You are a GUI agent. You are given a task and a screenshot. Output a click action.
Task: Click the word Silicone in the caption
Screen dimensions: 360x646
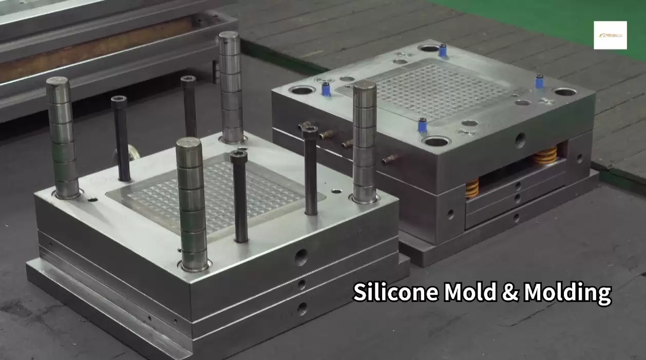point(396,293)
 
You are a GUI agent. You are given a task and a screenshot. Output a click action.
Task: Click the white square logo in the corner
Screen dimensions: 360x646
point(610,35)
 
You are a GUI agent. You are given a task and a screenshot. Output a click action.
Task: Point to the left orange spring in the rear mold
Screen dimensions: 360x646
point(472,187)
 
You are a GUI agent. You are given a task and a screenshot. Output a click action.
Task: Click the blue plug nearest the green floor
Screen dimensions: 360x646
point(539,82)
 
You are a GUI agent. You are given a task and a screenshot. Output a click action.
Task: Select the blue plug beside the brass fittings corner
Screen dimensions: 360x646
point(326,89)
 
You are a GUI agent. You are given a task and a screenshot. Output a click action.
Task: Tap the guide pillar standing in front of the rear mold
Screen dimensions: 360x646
point(364,141)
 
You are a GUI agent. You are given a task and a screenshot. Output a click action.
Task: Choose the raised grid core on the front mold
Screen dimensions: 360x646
point(216,190)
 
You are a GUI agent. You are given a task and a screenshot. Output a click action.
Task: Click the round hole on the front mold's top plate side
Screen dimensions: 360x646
point(301,257)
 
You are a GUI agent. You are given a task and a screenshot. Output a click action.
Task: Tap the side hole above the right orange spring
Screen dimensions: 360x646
point(520,140)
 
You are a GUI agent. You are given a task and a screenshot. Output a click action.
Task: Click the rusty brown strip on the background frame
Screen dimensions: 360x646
point(92,49)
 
